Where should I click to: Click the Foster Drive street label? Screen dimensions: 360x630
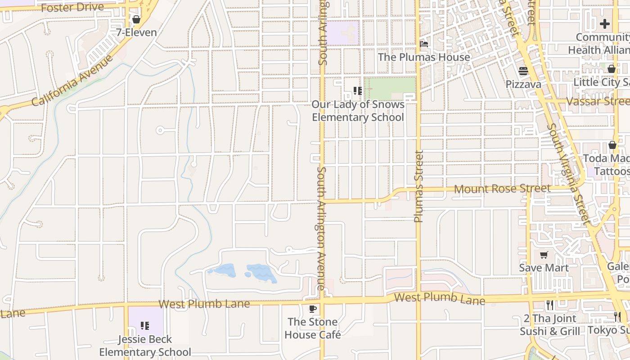(x=72, y=8)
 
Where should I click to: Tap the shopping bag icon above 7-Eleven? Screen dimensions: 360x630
(x=136, y=19)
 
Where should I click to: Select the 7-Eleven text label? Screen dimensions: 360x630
(x=136, y=32)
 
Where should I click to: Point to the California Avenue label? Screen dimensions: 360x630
(x=72, y=81)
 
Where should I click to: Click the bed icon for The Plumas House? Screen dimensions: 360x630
(x=424, y=44)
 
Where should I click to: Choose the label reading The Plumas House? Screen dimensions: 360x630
(x=424, y=57)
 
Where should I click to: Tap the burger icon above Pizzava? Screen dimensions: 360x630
(x=523, y=71)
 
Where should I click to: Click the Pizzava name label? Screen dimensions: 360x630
(x=523, y=84)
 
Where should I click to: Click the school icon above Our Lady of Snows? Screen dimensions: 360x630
(x=358, y=91)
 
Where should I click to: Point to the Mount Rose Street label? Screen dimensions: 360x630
(x=502, y=189)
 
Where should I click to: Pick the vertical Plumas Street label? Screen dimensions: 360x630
(x=418, y=186)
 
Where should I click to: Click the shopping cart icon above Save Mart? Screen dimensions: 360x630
(x=544, y=255)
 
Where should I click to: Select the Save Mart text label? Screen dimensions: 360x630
(x=544, y=268)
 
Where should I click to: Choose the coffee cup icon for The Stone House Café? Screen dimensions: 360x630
(x=313, y=309)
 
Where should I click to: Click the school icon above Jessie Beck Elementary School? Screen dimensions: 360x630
(x=145, y=325)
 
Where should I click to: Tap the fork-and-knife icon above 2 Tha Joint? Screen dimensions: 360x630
(x=549, y=305)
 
